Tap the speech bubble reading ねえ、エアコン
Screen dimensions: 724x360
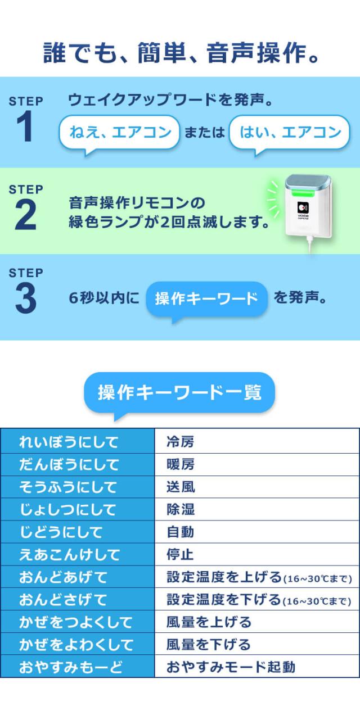click(119, 133)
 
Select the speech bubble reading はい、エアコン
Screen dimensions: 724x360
click(290, 133)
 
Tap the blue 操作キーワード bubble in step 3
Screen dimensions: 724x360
click(206, 298)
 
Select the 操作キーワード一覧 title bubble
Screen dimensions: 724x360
click(179, 392)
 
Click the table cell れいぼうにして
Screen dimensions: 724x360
click(78, 442)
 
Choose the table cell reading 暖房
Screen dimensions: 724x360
click(256, 464)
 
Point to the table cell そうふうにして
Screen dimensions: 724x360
click(78, 487)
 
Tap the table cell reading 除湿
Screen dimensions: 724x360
click(256, 509)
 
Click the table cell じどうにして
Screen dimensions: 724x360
click(78, 532)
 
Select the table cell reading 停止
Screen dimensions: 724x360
click(256, 554)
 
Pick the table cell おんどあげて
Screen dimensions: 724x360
click(78, 577)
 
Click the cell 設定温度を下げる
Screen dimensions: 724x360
click(256, 599)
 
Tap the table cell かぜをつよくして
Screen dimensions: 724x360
click(78, 622)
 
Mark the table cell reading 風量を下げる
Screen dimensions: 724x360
click(256, 644)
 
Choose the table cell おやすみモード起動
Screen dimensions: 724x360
click(256, 667)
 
